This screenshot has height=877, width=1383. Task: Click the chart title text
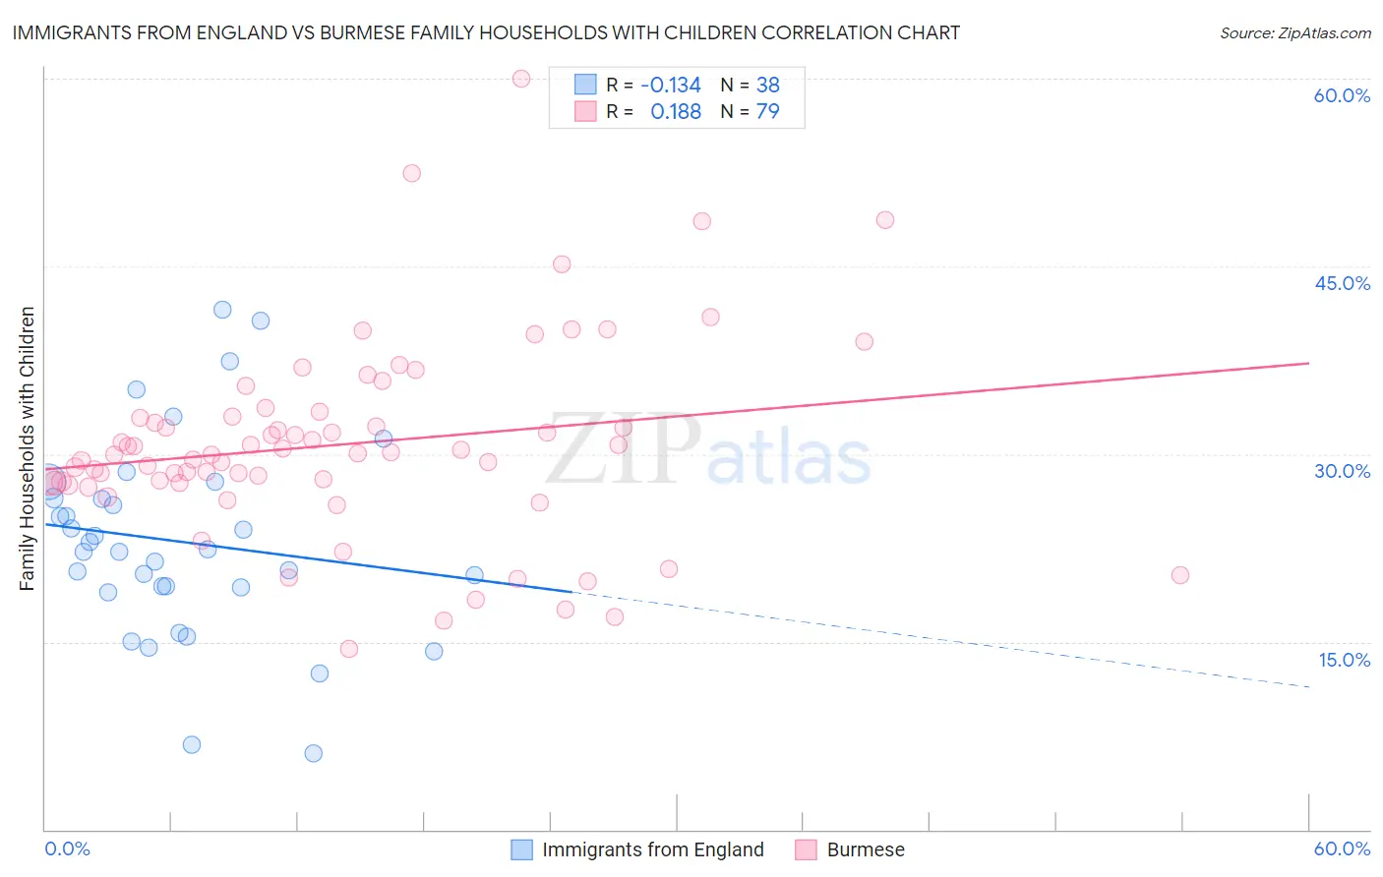[x=486, y=32]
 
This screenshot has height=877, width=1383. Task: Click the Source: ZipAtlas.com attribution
[x=1294, y=32]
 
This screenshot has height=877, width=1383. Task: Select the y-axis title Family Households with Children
[x=27, y=448]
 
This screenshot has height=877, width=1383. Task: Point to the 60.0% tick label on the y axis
[x=1342, y=95]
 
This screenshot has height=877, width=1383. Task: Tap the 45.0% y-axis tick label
[x=1342, y=283]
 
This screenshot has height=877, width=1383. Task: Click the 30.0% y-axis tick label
[x=1342, y=471]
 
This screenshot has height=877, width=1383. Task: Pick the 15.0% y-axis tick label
[x=1344, y=660]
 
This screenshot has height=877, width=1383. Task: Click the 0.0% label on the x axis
[x=67, y=848]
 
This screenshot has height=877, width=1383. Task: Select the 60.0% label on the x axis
[x=1342, y=848]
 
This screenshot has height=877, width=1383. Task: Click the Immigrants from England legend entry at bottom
[x=652, y=849]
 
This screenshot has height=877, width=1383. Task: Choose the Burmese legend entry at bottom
[x=865, y=849]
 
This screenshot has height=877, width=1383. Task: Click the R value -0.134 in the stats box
[x=670, y=85]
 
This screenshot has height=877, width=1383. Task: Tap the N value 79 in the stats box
[x=767, y=111]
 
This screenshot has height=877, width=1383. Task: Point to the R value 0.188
[x=676, y=111]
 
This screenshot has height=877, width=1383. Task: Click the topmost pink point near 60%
[x=521, y=79]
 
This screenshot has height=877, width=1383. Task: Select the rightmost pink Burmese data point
[x=1180, y=575]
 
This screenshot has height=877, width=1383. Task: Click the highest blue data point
[x=222, y=310]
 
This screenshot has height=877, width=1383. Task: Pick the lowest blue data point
[x=313, y=753]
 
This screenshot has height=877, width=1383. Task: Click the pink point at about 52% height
[x=411, y=173]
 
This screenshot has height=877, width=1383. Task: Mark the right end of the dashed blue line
[x=1308, y=686]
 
